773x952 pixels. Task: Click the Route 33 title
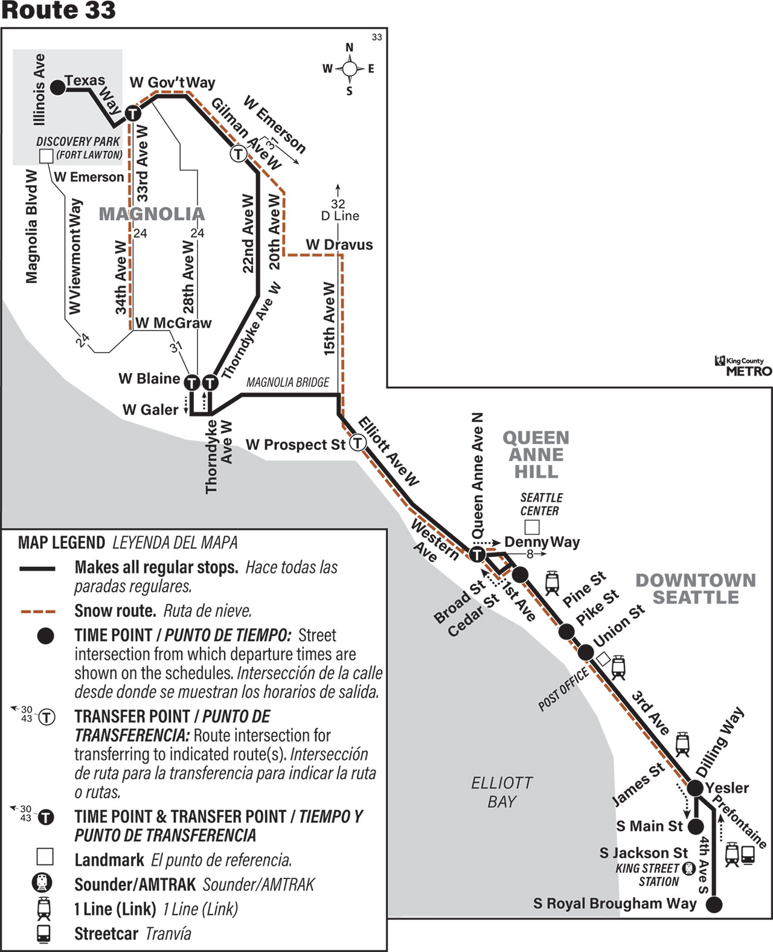click(59, 11)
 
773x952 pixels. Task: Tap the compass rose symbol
click(349, 69)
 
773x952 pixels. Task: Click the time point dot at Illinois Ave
click(57, 88)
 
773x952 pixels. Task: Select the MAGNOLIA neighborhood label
click(152, 214)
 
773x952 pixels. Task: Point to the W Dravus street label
click(339, 244)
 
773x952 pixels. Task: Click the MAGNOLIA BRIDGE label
click(287, 382)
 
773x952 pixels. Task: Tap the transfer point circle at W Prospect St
click(358, 443)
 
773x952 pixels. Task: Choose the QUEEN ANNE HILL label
click(536, 455)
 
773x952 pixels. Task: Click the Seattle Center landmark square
click(531, 527)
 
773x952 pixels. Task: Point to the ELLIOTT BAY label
click(502, 792)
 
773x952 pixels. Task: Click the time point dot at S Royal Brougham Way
click(714, 904)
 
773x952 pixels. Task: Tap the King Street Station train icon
click(688, 869)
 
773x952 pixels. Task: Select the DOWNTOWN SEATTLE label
click(696, 589)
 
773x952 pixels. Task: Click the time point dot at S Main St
click(696, 826)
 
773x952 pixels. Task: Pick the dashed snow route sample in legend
click(38, 611)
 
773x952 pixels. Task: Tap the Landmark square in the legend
click(45, 857)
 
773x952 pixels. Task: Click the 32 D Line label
click(339, 210)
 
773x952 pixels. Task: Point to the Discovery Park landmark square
click(46, 156)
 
